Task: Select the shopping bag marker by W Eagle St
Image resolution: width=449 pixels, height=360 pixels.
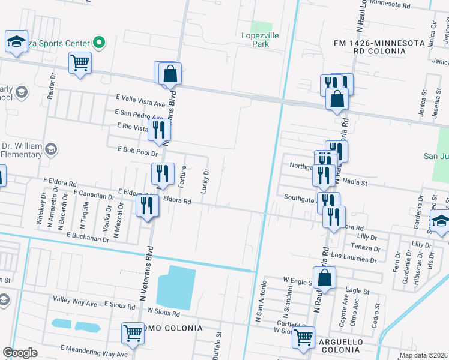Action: [324, 278]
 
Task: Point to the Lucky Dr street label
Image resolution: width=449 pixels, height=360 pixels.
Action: [206, 180]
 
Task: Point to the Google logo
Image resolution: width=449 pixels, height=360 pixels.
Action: [20, 353]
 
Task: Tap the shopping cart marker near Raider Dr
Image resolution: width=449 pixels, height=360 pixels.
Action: [80, 62]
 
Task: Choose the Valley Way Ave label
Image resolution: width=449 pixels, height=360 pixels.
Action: [75, 304]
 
